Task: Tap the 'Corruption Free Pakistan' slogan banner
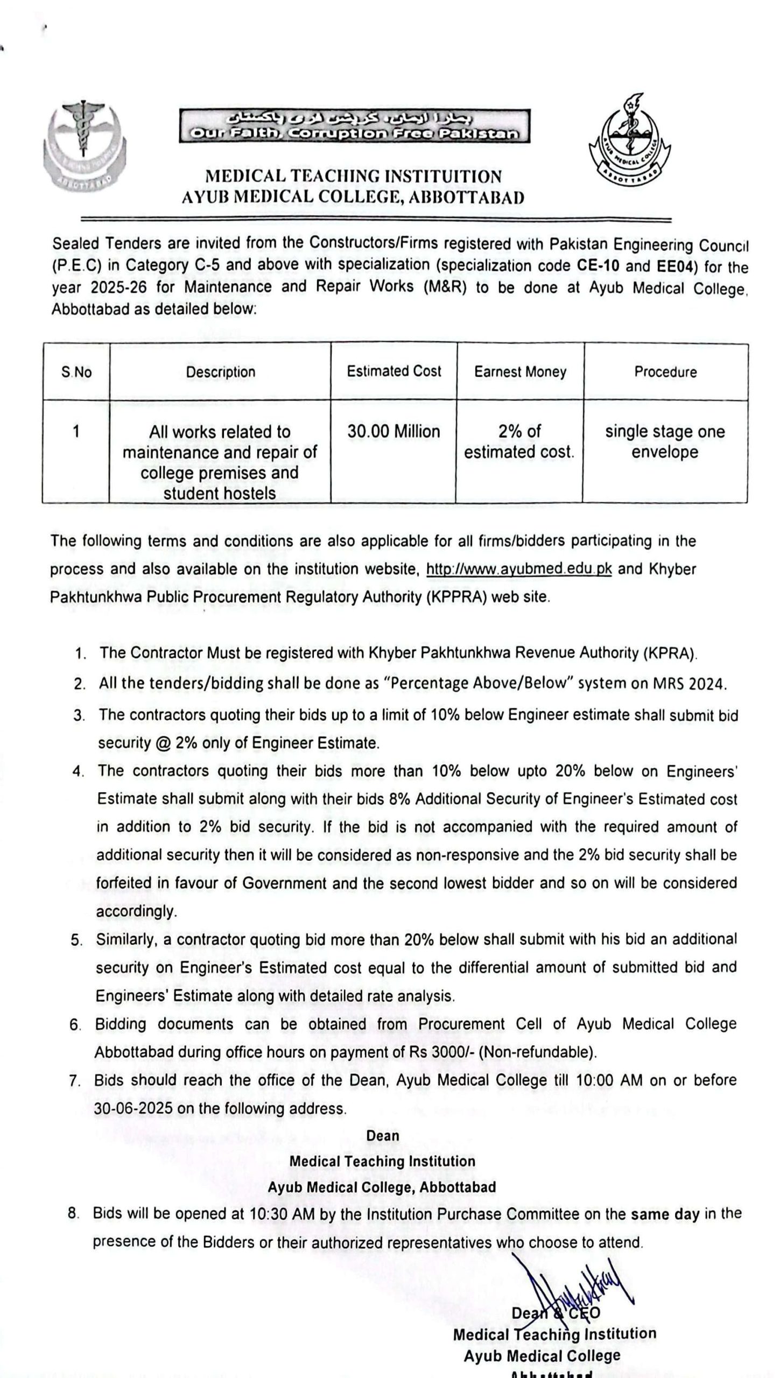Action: tap(354, 126)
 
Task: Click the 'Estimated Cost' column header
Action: tap(393, 371)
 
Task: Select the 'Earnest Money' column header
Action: tap(520, 372)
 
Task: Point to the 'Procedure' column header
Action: tap(665, 372)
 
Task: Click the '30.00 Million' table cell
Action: tap(393, 432)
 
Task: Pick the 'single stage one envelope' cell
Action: tap(665, 441)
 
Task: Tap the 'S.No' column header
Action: tap(76, 372)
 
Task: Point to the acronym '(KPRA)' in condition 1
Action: tap(670, 653)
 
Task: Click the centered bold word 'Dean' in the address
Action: tap(382, 1136)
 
